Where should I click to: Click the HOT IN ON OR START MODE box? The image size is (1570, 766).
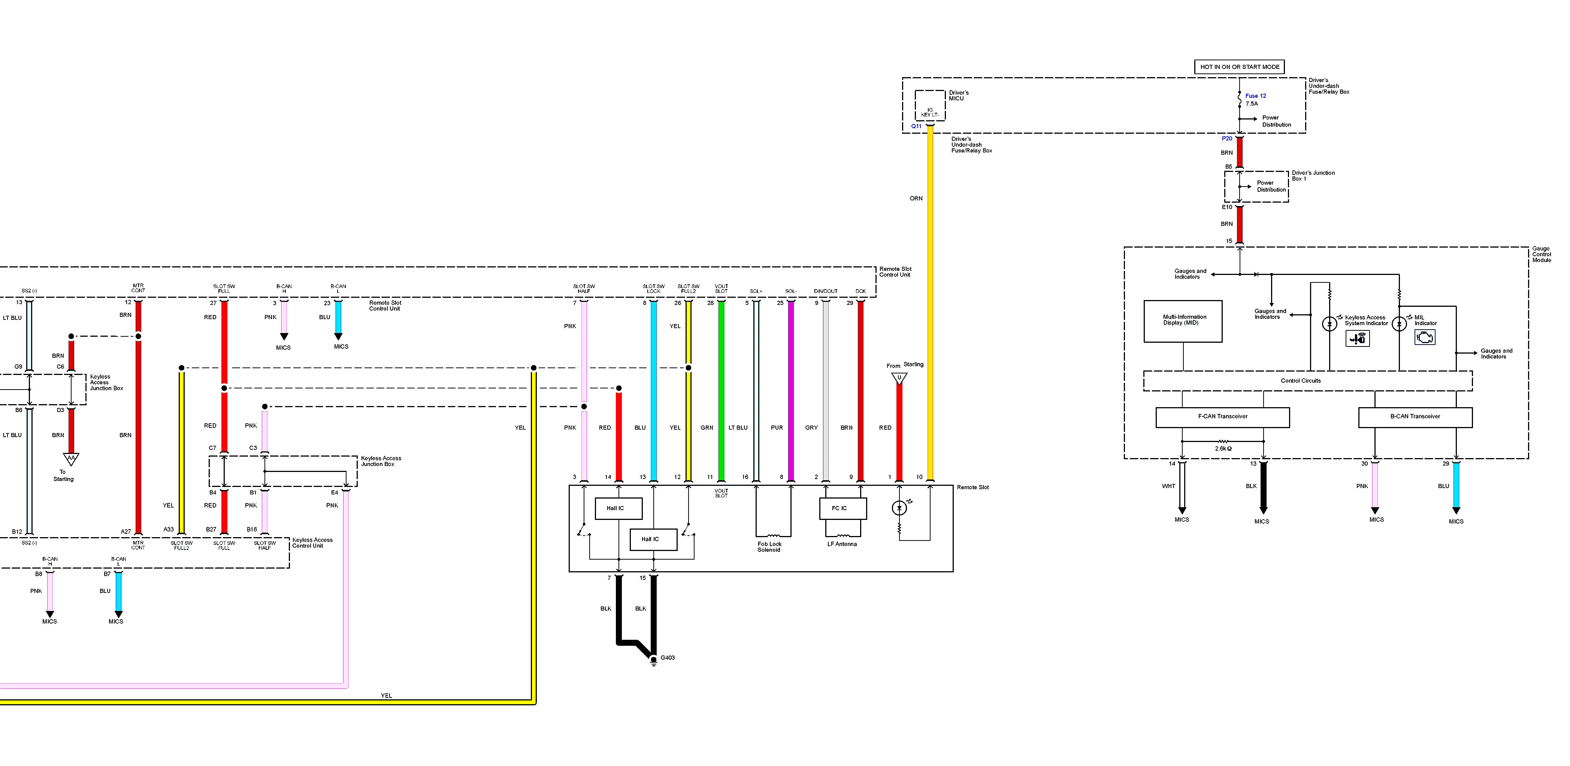pyautogui.click(x=1239, y=67)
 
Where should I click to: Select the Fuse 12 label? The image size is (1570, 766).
pyautogui.click(x=1255, y=96)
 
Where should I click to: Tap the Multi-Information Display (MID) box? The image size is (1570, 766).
pyautogui.click(x=1183, y=321)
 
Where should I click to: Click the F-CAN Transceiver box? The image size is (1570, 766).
pyautogui.click(x=1223, y=417)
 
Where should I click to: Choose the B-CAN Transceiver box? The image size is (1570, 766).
pyautogui.click(x=1415, y=417)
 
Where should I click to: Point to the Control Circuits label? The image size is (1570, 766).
pyautogui.click(x=1301, y=381)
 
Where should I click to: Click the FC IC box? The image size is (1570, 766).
pyautogui.click(x=839, y=508)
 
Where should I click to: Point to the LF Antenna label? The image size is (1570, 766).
pyautogui.click(x=842, y=544)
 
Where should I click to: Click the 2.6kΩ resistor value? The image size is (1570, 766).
pyautogui.click(x=1223, y=448)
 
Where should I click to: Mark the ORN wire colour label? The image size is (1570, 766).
pyautogui.click(x=916, y=199)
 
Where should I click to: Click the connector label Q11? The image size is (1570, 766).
pyautogui.click(x=916, y=126)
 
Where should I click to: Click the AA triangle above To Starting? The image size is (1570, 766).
pyautogui.click(x=71, y=458)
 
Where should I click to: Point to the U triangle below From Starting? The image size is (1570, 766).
pyautogui.click(x=899, y=378)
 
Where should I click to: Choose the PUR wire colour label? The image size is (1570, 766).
pyautogui.click(x=777, y=428)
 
